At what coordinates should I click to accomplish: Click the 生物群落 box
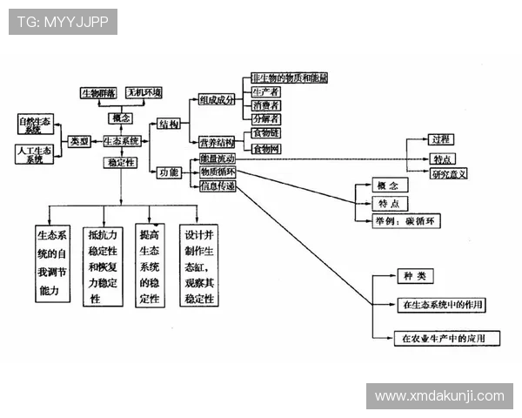[x=98, y=91]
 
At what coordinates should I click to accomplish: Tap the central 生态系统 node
[x=122, y=141]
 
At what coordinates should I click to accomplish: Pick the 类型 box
[x=79, y=141]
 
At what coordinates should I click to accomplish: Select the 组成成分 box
[x=217, y=99]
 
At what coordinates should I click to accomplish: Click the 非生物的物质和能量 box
[x=277, y=78]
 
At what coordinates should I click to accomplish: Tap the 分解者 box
[x=266, y=118]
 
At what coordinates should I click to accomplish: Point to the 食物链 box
[x=266, y=133]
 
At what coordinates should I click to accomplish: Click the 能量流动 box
[x=217, y=159]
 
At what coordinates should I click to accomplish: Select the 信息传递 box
[x=217, y=185]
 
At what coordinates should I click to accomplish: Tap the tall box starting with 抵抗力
[x=104, y=266]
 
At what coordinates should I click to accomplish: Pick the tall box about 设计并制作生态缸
[x=199, y=266]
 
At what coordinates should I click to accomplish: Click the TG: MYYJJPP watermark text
[x=63, y=22]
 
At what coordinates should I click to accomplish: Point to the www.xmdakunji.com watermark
[x=438, y=396]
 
